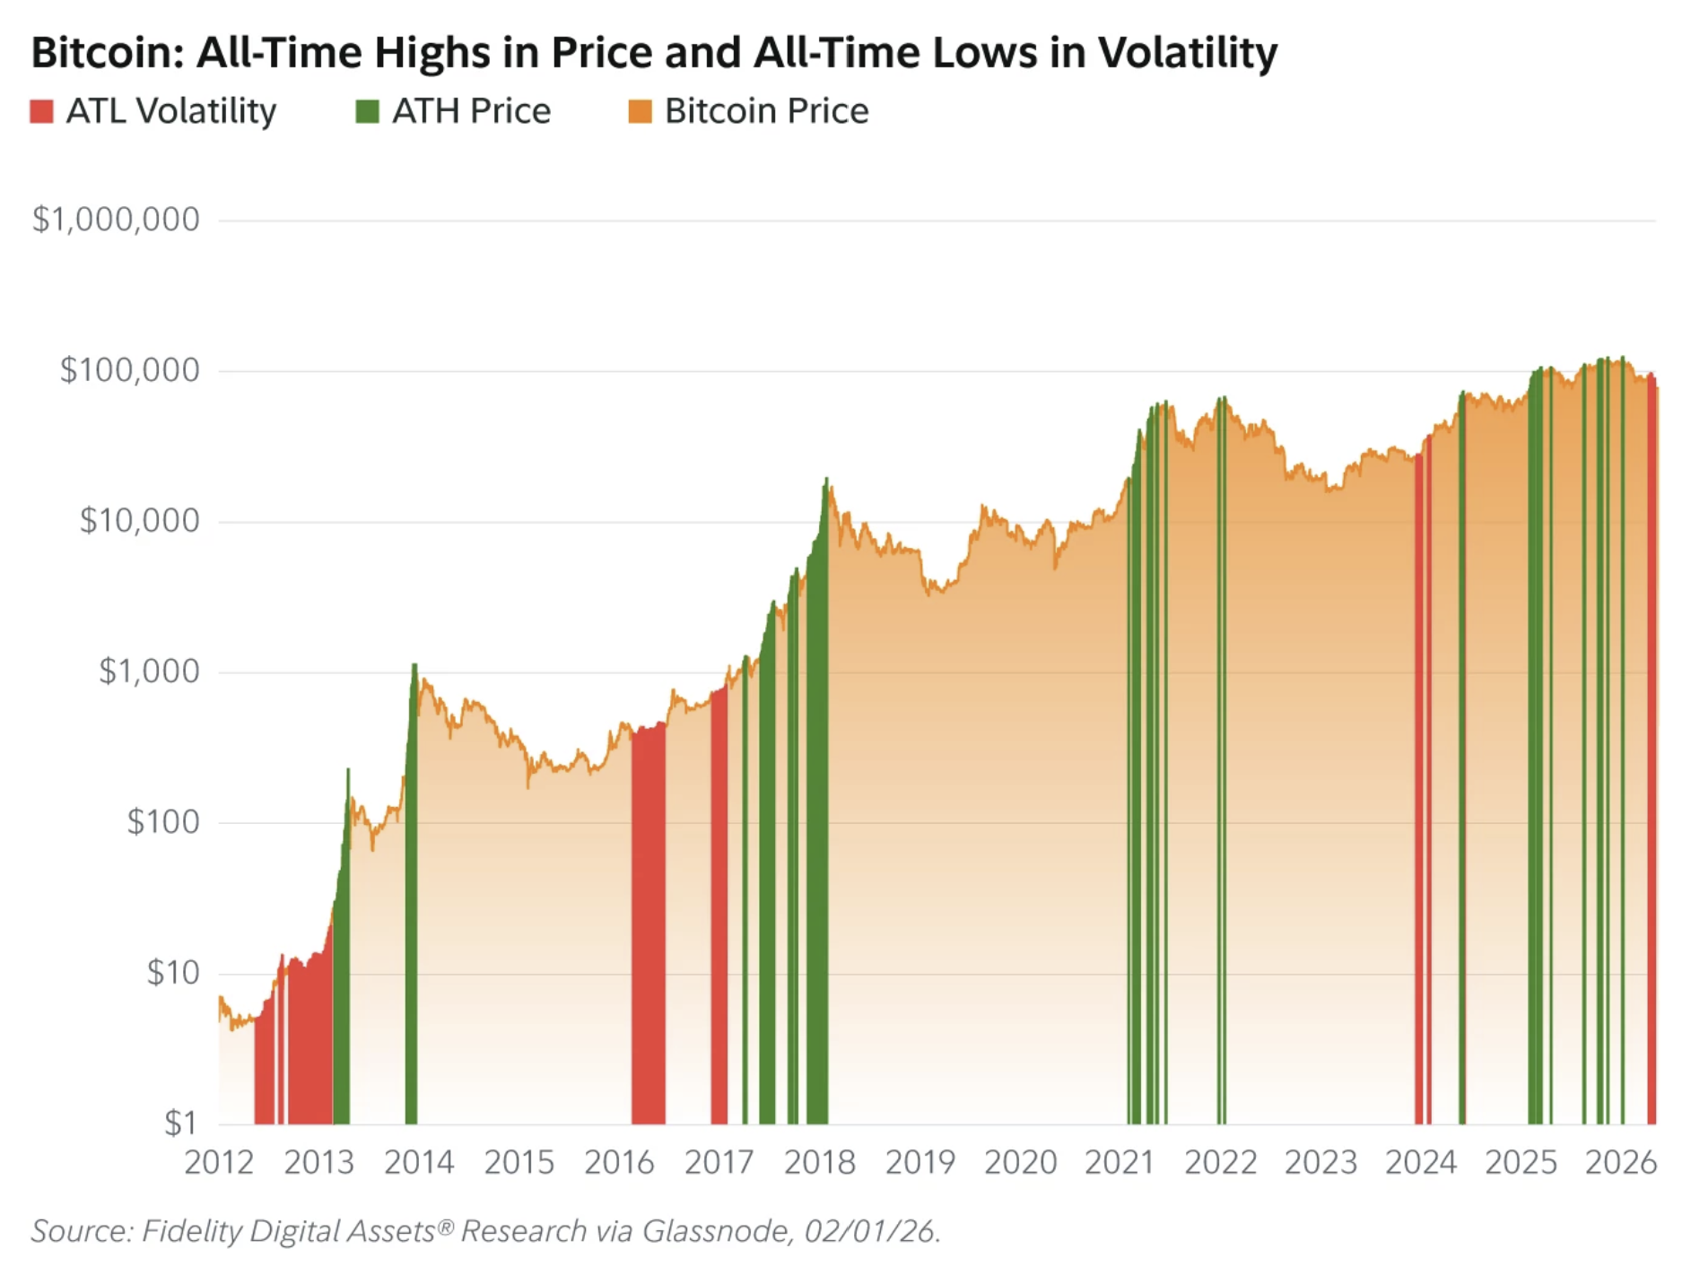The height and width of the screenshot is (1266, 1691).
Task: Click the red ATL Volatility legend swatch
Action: click(x=41, y=111)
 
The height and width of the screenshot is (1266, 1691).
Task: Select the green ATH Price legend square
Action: click(x=367, y=111)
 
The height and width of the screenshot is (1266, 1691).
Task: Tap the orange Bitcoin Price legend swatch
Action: click(x=640, y=111)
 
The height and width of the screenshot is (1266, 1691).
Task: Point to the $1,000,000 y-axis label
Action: click(x=116, y=220)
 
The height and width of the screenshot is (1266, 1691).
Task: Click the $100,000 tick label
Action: click(x=129, y=370)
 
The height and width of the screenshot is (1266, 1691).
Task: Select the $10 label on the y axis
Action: click(x=173, y=973)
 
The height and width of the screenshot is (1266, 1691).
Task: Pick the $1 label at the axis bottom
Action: click(x=181, y=1123)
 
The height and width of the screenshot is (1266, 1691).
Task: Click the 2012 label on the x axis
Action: click(x=219, y=1163)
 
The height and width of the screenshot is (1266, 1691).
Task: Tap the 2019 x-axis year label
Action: click(x=920, y=1163)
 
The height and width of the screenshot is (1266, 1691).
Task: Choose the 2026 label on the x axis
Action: click(x=1620, y=1163)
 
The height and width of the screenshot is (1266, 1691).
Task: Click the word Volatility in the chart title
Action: click(x=1188, y=52)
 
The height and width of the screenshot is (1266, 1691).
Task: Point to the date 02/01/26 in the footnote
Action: click(x=870, y=1231)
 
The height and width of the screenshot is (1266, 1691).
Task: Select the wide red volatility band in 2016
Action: click(x=648, y=923)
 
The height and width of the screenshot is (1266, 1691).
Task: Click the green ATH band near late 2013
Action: click(x=411, y=897)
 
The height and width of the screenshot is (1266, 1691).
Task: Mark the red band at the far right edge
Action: click(x=1652, y=753)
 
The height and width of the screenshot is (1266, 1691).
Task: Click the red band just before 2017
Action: click(x=719, y=906)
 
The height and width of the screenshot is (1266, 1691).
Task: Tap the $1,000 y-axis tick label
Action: click(x=149, y=672)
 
